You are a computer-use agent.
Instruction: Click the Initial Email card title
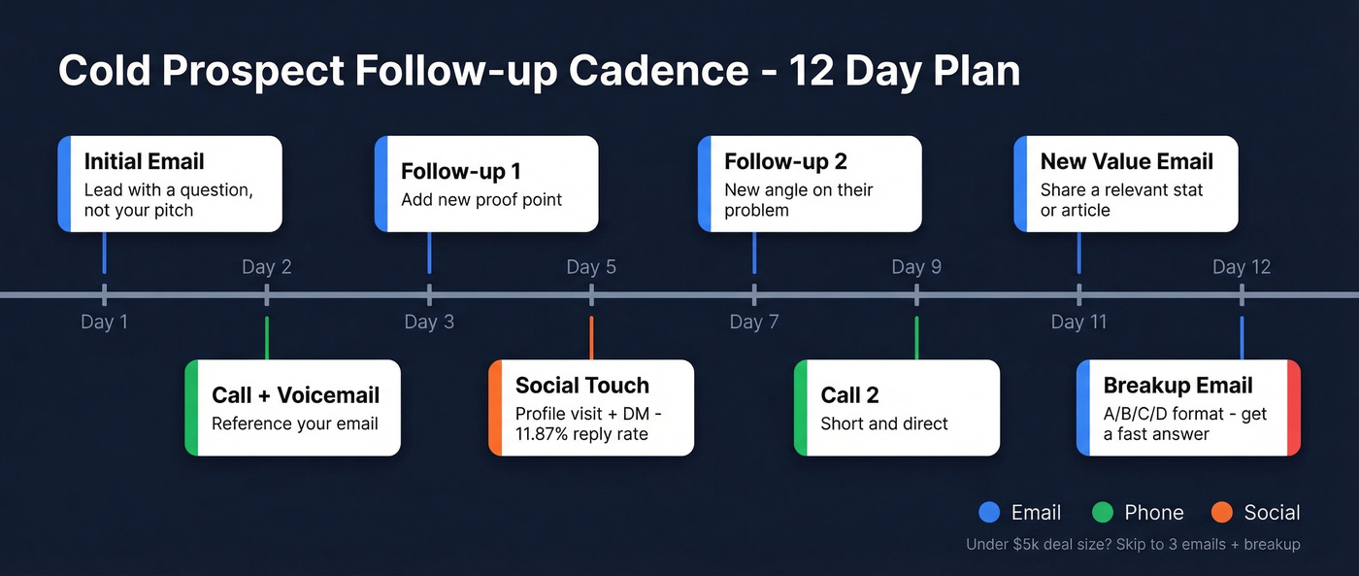(x=144, y=161)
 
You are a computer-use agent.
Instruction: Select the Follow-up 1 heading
(x=460, y=172)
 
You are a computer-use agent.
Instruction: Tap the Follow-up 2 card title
(x=785, y=161)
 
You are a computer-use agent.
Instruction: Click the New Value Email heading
(x=1126, y=161)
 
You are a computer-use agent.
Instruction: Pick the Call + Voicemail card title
(x=295, y=395)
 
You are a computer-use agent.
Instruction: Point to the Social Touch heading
(x=581, y=386)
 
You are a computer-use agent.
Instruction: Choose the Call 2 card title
(x=849, y=395)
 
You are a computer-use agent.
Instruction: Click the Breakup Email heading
(x=1177, y=386)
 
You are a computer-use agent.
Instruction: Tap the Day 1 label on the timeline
(x=104, y=322)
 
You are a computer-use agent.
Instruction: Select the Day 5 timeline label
(x=591, y=267)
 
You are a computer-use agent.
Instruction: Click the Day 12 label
(x=1241, y=267)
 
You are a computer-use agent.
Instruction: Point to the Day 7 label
(x=754, y=322)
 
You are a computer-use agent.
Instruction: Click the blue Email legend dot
(x=989, y=513)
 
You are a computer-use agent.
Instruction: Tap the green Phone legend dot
(x=1102, y=513)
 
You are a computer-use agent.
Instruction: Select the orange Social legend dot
(x=1222, y=513)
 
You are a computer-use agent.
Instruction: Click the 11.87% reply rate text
(x=581, y=434)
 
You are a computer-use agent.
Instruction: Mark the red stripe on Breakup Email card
(x=1293, y=407)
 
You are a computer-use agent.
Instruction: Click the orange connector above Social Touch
(x=591, y=338)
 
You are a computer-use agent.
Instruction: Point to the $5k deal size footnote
(x=1132, y=545)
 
